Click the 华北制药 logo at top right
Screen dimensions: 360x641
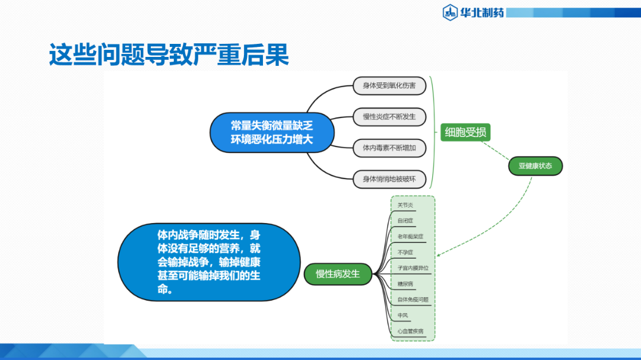(473, 11)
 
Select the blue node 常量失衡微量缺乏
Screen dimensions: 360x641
(271, 132)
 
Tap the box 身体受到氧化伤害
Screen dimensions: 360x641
(389, 86)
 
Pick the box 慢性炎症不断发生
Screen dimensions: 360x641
(389, 117)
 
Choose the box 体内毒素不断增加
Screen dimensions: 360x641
(389, 148)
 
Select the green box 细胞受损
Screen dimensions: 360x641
(465, 132)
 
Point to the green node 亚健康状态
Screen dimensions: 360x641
(535, 166)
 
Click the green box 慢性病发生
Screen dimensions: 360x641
(338, 274)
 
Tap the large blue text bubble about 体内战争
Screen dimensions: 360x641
(208, 262)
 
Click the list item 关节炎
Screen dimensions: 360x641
(405, 205)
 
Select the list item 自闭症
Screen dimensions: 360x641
(405, 221)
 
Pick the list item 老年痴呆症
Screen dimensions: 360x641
(410, 237)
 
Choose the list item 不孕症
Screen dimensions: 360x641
(405, 252)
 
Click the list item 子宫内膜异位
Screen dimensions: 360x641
(412, 268)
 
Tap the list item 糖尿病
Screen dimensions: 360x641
(405, 284)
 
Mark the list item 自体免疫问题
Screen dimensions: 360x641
(412, 300)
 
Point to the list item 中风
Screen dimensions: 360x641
(403, 316)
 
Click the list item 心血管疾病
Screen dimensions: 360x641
(410, 331)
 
